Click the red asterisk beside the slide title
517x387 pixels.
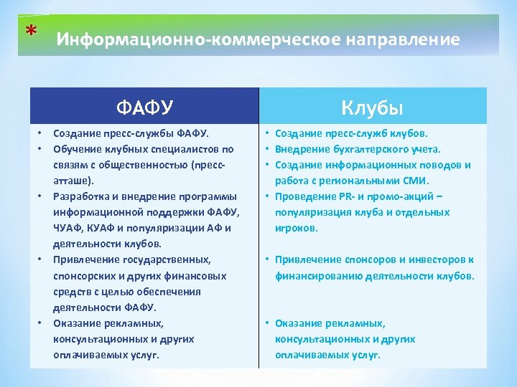[x=29, y=30]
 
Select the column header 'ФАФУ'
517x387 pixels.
[x=144, y=107]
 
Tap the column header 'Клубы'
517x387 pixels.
[x=373, y=107]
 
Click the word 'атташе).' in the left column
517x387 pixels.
[x=73, y=181]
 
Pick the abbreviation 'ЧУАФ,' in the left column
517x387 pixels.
[x=70, y=228]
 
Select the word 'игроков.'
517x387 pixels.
[x=297, y=228]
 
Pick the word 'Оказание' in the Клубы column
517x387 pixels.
[x=297, y=322]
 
